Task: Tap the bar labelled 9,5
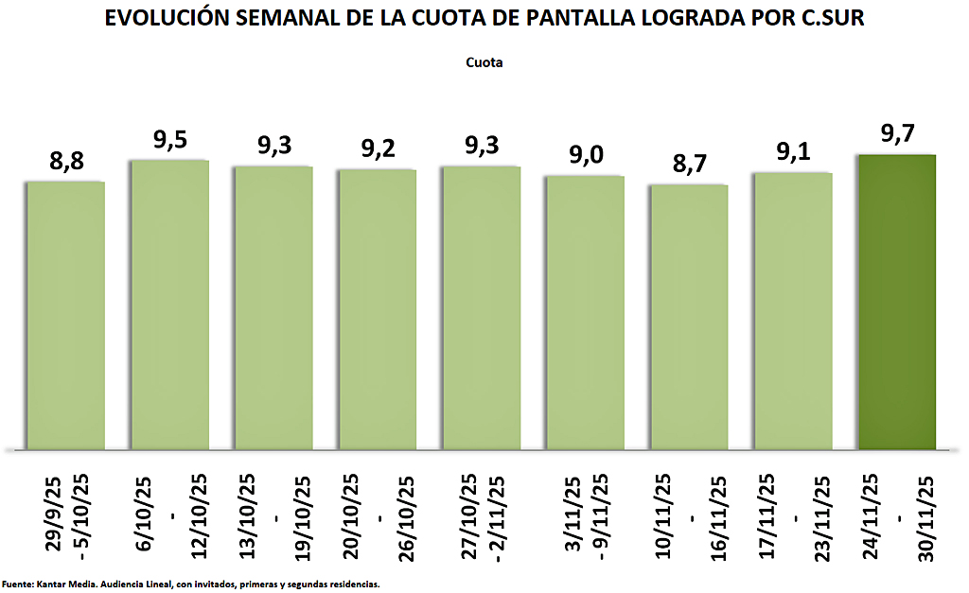pyautogui.click(x=169, y=304)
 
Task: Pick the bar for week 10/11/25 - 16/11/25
pyautogui.click(x=689, y=316)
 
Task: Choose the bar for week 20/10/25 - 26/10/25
pyautogui.click(x=378, y=308)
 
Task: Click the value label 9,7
pyautogui.click(x=897, y=135)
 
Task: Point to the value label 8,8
pyautogui.click(x=65, y=162)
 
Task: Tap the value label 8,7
pyautogui.click(x=689, y=166)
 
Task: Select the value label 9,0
pyautogui.click(x=585, y=156)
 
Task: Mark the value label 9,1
pyautogui.click(x=793, y=153)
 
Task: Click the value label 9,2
pyautogui.click(x=378, y=150)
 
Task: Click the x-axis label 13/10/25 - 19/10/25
pyautogui.click(x=274, y=519)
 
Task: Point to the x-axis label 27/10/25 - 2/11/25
pyautogui.click(x=482, y=519)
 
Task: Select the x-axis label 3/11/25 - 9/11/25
pyautogui.click(x=586, y=519)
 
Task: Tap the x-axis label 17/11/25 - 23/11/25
pyautogui.click(x=793, y=519)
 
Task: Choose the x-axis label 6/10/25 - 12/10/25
pyautogui.click(x=170, y=519)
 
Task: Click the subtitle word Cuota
pyautogui.click(x=484, y=63)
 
